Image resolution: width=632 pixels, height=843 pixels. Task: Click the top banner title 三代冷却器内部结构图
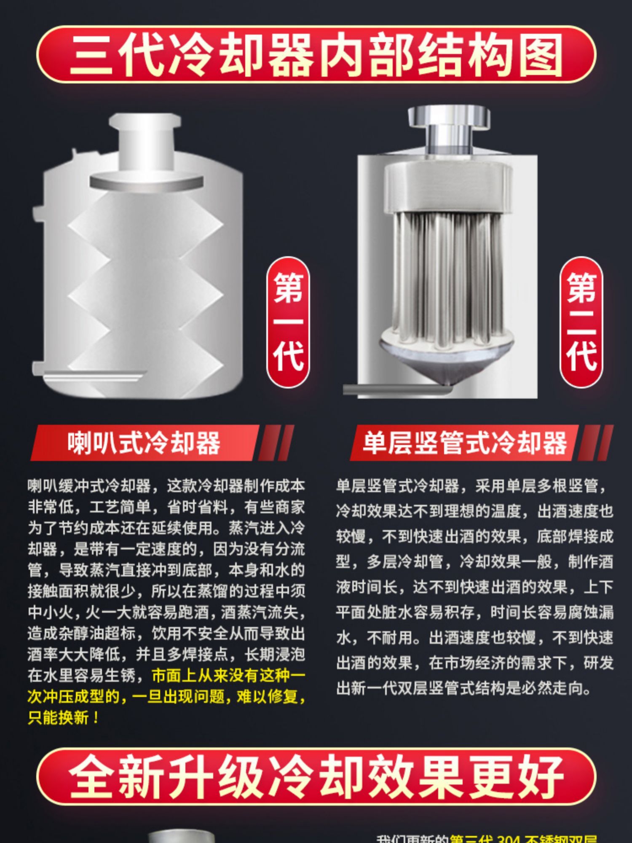point(316,55)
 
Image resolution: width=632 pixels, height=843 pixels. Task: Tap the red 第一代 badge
point(288,322)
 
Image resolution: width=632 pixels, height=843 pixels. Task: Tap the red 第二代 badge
point(581,322)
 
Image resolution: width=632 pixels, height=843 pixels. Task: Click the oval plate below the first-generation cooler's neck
point(145,181)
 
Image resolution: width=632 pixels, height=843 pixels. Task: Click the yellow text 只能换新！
point(63,717)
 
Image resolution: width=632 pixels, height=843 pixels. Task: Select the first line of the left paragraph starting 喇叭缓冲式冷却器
point(166,486)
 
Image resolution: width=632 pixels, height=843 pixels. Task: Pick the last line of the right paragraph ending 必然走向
point(463,688)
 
